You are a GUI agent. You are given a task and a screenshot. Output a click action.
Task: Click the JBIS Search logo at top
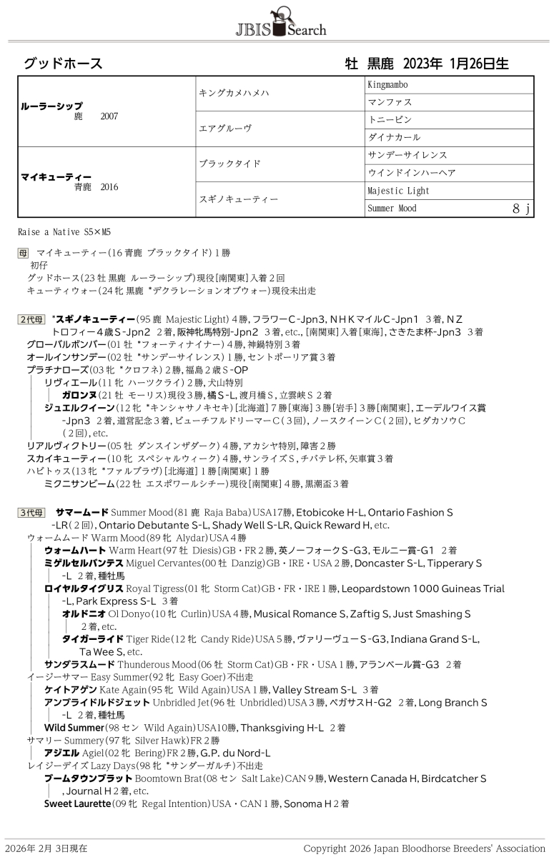tap(281, 21)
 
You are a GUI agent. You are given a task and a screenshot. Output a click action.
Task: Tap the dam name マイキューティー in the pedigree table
tap(56, 176)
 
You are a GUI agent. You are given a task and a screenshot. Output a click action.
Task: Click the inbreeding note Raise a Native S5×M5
tap(64, 232)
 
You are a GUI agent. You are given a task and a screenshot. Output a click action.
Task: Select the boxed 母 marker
tap(24, 253)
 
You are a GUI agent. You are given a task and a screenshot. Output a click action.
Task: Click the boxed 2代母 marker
tap(31, 319)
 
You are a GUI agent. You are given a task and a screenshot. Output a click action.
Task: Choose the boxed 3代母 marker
tap(31, 513)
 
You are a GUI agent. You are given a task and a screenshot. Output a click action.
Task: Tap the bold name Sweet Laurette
tap(77, 803)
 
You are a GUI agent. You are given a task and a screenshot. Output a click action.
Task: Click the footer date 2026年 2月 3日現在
tap(46, 848)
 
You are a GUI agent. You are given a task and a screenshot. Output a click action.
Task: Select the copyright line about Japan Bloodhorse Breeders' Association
tap(424, 848)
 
